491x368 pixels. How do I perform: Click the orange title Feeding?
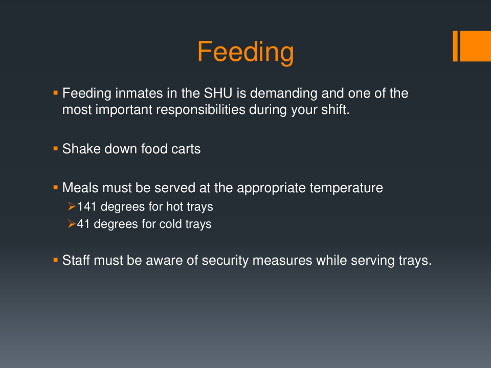point(245,53)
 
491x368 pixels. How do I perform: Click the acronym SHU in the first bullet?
point(218,93)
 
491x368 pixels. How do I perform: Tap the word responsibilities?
point(200,110)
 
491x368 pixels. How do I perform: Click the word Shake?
point(81,149)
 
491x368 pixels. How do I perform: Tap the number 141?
point(86,206)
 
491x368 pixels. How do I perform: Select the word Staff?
point(76,260)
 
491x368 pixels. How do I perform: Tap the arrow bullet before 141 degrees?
point(72,206)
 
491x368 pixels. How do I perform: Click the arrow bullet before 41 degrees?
point(72,224)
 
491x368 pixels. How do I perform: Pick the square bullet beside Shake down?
point(56,149)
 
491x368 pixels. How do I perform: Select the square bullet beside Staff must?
point(56,260)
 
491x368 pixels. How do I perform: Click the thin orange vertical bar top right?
point(455,46)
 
